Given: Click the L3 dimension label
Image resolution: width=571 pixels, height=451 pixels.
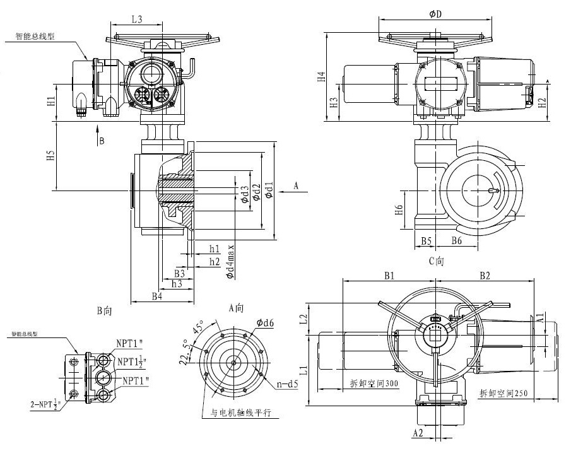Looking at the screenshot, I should click(x=136, y=20).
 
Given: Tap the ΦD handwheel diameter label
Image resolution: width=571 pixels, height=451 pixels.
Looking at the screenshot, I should click(x=435, y=15).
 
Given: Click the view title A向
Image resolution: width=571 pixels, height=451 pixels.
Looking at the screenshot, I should click(x=236, y=307).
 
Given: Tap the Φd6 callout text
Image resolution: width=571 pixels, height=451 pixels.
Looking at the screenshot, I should click(x=265, y=323).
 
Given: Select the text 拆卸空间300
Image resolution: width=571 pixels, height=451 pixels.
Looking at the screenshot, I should click(x=374, y=384).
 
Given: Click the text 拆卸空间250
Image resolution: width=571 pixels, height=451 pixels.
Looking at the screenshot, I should click(x=503, y=392).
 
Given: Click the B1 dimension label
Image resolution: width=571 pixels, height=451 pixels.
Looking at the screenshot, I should click(x=389, y=276).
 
